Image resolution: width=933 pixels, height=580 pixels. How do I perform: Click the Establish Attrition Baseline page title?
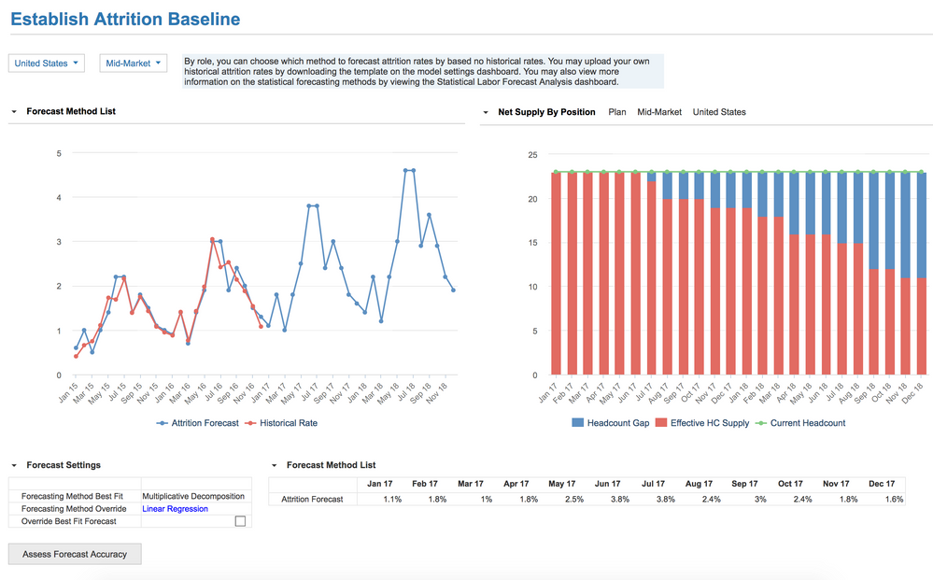point(124,19)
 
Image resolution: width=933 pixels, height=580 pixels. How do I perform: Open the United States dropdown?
point(46,64)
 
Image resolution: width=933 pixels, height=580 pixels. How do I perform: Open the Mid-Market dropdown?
point(134,64)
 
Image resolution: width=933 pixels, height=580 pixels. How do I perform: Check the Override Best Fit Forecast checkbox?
point(240,521)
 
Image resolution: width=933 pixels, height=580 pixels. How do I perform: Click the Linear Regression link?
point(175,509)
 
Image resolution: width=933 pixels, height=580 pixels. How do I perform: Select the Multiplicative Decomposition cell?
point(193,496)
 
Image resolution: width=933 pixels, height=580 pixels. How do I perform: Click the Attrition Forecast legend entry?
point(197,423)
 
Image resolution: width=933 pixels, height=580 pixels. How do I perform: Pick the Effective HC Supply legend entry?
point(703,423)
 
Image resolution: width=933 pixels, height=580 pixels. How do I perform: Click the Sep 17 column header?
point(744,484)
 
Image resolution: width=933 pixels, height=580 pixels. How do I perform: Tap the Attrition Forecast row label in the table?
point(312,500)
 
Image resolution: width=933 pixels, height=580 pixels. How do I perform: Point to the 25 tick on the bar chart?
point(532,154)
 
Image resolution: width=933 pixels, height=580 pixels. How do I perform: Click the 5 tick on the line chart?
point(59,153)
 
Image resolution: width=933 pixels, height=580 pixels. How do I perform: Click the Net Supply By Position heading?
point(546,112)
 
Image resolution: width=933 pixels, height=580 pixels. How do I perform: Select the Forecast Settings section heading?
point(64,465)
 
